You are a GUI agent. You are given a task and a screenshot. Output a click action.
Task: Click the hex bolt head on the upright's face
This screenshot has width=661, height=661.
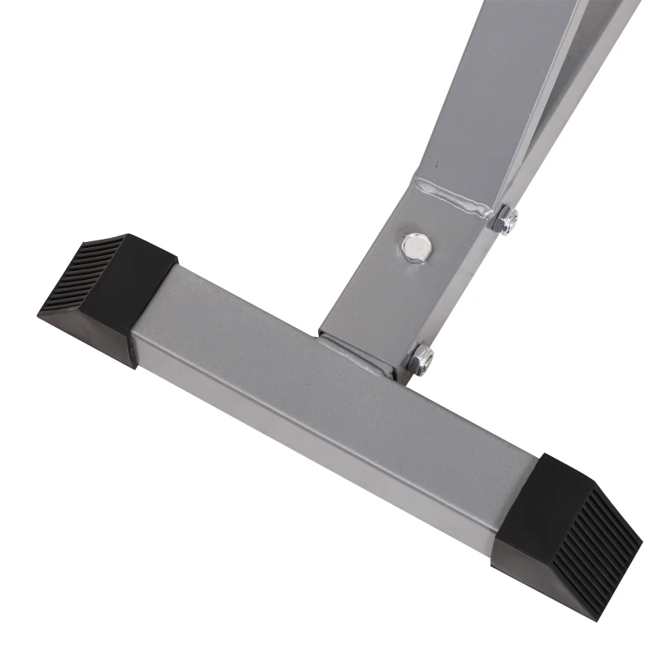[416, 245]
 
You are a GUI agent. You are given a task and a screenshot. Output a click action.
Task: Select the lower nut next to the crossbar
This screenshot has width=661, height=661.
[421, 359]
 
